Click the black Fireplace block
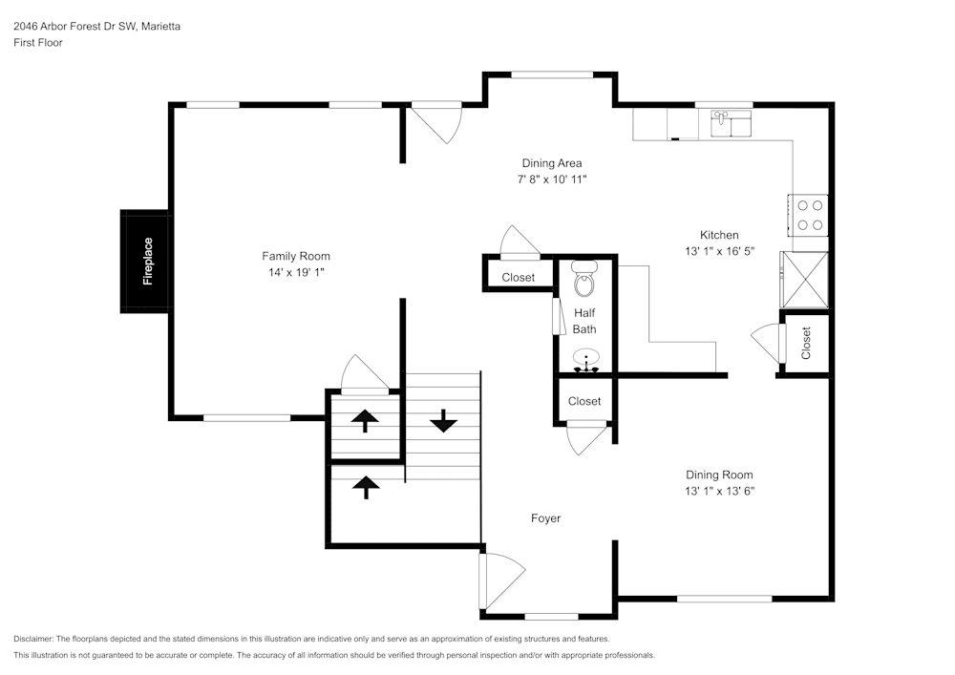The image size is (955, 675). [x=145, y=261]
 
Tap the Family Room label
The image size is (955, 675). [x=296, y=256]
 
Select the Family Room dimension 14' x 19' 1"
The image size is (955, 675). [x=296, y=272]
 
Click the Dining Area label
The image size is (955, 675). [x=551, y=163]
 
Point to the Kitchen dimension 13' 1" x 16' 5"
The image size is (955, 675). [x=719, y=251]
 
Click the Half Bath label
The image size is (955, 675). [x=584, y=321]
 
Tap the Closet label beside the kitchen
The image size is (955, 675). [x=806, y=344]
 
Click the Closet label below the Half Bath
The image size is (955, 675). [x=584, y=401]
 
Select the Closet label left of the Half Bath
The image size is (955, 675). [x=519, y=278]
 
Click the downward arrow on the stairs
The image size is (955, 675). [x=443, y=420]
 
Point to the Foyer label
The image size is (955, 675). [x=545, y=518]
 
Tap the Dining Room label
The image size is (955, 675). [x=719, y=475]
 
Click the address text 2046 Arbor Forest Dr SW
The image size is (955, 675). [x=76, y=27]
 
